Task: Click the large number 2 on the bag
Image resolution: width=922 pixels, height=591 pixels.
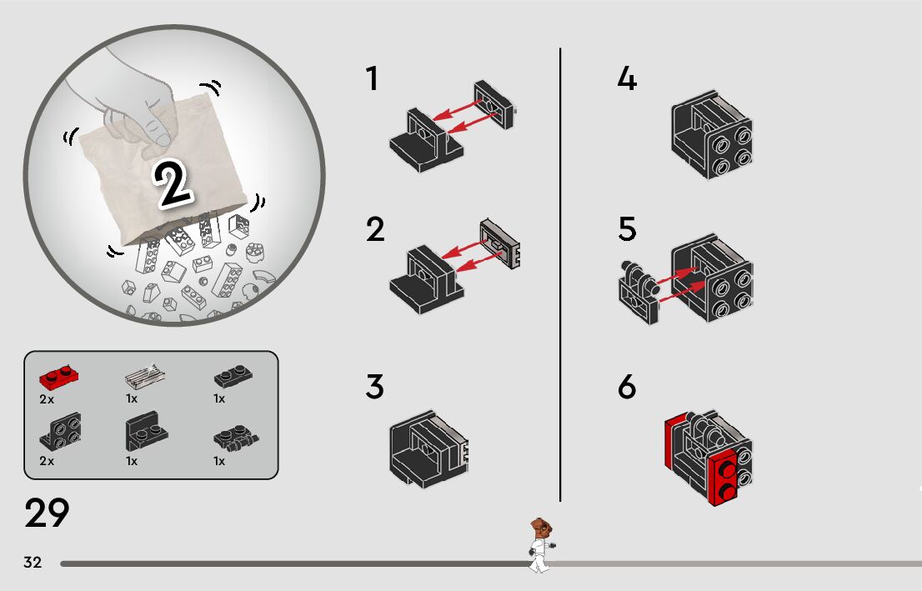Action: click(173, 183)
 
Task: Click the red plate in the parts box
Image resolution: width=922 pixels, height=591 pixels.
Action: click(59, 377)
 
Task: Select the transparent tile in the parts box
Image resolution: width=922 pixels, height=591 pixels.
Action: click(145, 376)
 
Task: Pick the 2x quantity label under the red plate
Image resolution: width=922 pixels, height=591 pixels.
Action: click(47, 399)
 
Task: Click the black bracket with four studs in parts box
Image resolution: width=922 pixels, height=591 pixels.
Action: click(60, 431)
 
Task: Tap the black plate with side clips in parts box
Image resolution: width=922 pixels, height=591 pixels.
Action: click(236, 438)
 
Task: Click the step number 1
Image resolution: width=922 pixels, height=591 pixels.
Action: click(372, 78)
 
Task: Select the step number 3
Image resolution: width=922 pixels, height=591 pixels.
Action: click(374, 387)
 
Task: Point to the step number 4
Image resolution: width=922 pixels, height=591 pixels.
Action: click(627, 78)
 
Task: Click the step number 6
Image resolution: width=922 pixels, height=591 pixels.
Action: click(627, 387)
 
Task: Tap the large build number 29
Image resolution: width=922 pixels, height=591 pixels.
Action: click(47, 513)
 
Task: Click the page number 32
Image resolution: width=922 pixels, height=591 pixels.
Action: click(33, 562)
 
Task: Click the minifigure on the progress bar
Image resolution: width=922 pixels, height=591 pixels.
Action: click(540, 545)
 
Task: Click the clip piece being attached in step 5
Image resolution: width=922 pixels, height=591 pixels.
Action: click(639, 292)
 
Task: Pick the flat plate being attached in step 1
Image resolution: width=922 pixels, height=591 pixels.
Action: click(494, 105)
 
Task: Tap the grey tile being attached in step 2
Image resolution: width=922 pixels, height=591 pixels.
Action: click(500, 243)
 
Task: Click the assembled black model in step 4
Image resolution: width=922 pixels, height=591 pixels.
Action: click(712, 135)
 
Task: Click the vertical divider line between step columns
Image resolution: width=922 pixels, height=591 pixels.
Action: click(560, 274)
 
